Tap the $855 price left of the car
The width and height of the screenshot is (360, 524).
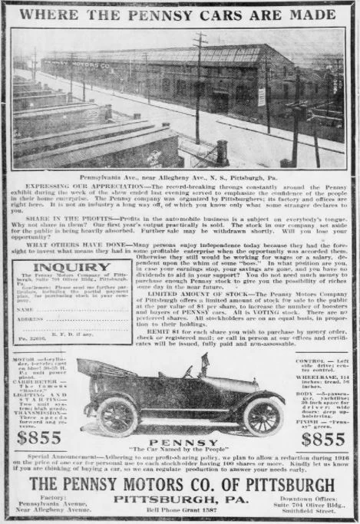point(39,438)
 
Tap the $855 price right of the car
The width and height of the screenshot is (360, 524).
point(322,438)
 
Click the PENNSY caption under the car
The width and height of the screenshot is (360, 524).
point(179,442)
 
